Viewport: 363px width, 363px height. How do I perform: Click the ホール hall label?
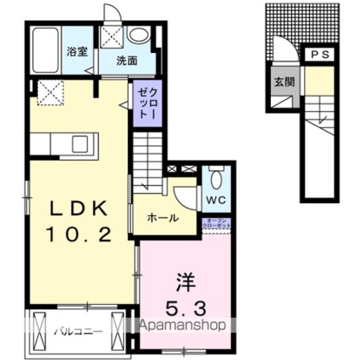(162, 217)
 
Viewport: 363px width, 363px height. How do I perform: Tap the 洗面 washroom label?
(128, 61)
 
